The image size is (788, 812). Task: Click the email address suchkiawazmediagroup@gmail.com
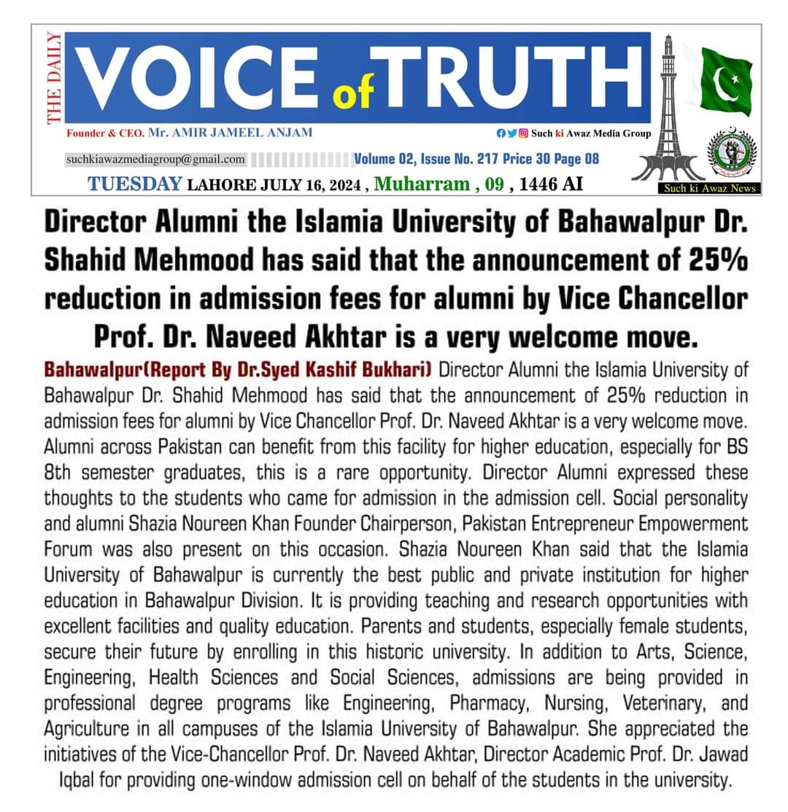pos(155,159)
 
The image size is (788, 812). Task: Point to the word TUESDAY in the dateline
pos(135,183)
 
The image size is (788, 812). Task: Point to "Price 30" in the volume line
pos(528,159)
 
